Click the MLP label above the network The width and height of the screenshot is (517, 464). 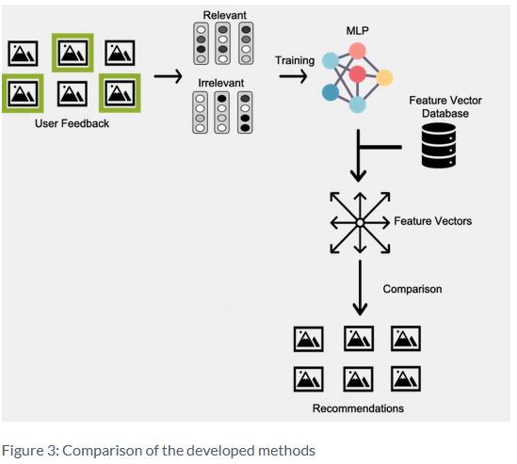(358, 31)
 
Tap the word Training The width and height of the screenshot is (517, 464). (295, 60)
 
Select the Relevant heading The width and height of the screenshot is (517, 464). (224, 15)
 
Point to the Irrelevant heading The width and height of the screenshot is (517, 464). (221, 83)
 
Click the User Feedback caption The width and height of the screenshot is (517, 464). (72, 123)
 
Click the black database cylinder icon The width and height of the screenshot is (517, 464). (439, 145)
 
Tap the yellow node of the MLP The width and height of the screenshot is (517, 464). (384, 78)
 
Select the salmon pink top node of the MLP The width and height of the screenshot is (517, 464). (358, 51)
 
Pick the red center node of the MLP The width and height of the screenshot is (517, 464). (358, 73)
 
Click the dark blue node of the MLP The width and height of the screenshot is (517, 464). (331, 92)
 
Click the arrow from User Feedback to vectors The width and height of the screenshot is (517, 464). (168, 76)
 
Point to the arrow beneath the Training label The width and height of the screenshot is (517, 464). (293, 76)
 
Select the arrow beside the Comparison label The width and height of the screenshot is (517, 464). (360, 288)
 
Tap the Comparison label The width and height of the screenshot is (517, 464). (412, 289)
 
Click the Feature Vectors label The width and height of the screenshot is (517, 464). (432, 221)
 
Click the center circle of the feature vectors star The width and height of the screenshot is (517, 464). (360, 223)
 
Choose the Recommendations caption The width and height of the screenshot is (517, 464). (358, 408)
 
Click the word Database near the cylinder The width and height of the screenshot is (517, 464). (445, 113)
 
